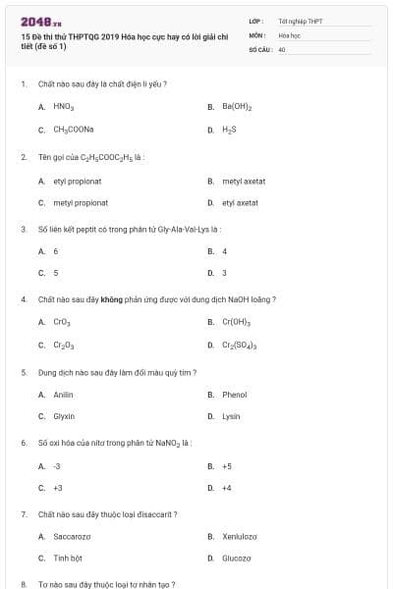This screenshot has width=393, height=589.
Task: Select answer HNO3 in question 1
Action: [64, 106]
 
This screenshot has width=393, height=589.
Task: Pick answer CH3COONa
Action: [73, 130]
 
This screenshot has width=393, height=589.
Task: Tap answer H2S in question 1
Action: [229, 130]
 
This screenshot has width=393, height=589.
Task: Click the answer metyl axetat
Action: [244, 181]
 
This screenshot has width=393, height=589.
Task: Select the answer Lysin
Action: [231, 416]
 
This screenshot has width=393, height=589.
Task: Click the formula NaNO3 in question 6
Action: [171, 443]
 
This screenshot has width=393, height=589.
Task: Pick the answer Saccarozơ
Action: [72, 536]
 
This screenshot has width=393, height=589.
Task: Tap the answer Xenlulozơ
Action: [239, 536]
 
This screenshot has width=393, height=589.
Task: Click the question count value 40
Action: [282, 48]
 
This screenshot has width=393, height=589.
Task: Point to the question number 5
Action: [24, 372]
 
